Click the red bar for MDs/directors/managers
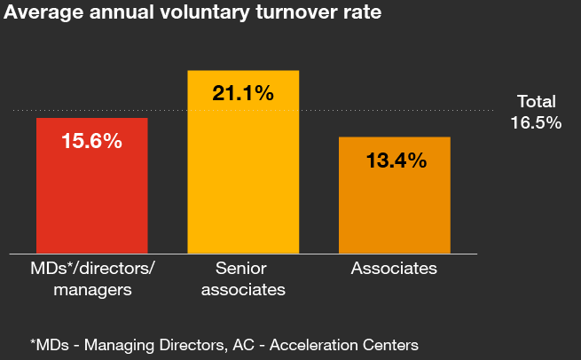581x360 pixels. [91, 195]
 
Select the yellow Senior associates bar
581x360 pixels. [243, 177]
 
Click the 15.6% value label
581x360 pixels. [91, 140]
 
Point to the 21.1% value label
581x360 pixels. [243, 92]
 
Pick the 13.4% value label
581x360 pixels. [396, 160]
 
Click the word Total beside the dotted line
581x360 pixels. [537, 102]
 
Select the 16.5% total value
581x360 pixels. [536, 122]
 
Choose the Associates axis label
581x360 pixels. [394, 269]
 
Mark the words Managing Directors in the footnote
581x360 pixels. [133, 343]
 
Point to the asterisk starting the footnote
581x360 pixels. [33, 341]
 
